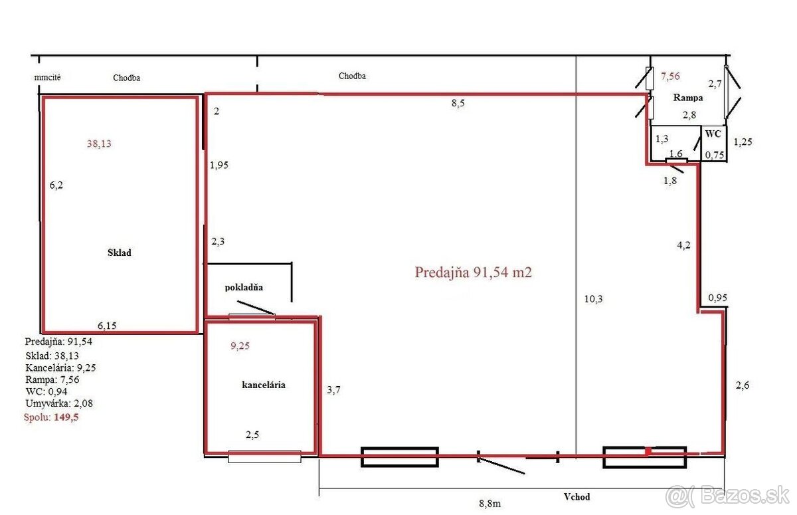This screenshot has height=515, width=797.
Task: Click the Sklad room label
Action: tap(119, 253)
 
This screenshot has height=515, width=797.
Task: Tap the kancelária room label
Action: tap(263, 385)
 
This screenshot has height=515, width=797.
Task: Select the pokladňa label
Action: tap(244, 287)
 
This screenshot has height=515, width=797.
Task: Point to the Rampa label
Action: tap(688, 98)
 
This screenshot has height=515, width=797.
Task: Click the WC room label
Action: tap(713, 134)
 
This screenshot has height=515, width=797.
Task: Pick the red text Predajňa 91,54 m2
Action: tap(473, 272)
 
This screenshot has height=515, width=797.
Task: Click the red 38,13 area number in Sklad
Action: tap(99, 144)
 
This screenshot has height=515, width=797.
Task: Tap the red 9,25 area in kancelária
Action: tap(240, 346)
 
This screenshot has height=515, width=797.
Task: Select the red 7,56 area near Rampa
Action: tap(670, 76)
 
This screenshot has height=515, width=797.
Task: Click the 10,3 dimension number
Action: tap(593, 299)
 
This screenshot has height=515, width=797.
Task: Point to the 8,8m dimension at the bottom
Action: tap(489, 504)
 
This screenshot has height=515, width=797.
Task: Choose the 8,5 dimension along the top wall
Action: tap(458, 103)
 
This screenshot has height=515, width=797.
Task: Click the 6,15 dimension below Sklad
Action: tap(107, 326)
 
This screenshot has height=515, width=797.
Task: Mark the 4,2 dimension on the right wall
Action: tap(683, 245)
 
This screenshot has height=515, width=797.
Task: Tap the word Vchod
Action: tap(576, 496)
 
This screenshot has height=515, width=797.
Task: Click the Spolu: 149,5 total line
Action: tap(51, 417)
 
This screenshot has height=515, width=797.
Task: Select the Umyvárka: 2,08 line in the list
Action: tap(59, 403)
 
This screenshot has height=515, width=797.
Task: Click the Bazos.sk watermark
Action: tap(727, 496)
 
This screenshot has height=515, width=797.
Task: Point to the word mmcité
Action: tap(47, 77)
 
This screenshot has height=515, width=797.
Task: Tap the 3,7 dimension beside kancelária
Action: tap(333, 390)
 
